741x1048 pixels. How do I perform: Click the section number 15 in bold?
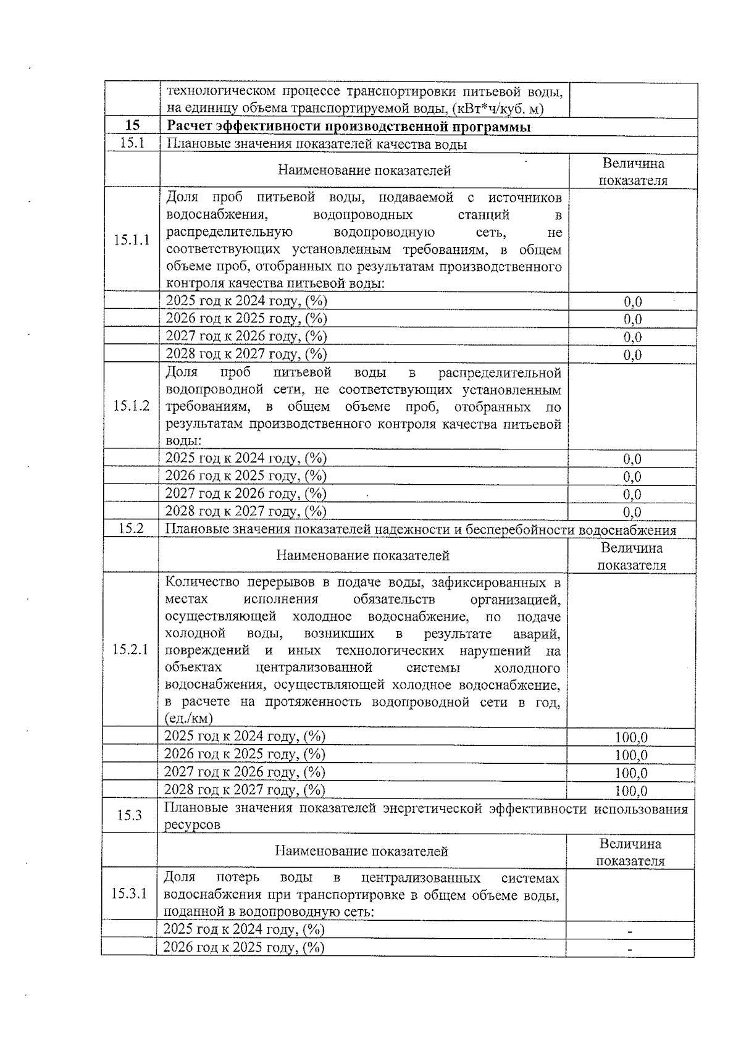tap(132, 126)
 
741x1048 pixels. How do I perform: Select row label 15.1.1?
tap(132, 240)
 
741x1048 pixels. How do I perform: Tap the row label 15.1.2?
tap(132, 406)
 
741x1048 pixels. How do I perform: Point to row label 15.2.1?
tap(130, 650)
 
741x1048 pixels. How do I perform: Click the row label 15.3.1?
tap(129, 894)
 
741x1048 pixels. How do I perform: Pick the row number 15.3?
tap(130, 815)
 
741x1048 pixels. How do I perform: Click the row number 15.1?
tap(132, 143)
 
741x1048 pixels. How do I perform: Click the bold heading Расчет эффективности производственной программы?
tap(349, 127)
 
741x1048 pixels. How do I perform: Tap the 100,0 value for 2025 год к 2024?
tap(631, 737)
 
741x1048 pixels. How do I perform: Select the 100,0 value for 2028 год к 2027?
tap(631, 791)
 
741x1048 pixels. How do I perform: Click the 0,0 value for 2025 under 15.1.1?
tap(632, 302)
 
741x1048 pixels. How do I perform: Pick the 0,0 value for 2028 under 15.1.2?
tap(632, 513)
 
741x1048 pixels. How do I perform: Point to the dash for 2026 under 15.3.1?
tap(630, 949)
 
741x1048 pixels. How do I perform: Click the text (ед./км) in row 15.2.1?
tap(188, 718)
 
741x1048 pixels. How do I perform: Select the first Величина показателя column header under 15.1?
tap(634, 172)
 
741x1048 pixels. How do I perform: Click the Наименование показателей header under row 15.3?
tap(361, 852)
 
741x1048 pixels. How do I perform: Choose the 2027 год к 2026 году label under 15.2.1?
tap(244, 772)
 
